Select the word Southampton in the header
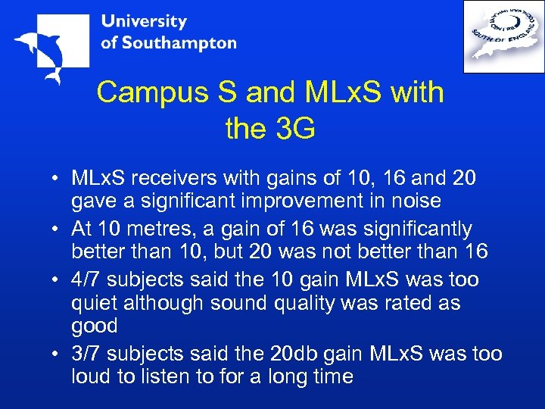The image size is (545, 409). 179,42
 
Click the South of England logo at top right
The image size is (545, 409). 503,36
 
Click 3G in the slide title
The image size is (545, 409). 291,129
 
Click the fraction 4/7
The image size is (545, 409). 86,279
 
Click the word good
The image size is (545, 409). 95,326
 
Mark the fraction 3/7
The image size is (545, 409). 86,354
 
